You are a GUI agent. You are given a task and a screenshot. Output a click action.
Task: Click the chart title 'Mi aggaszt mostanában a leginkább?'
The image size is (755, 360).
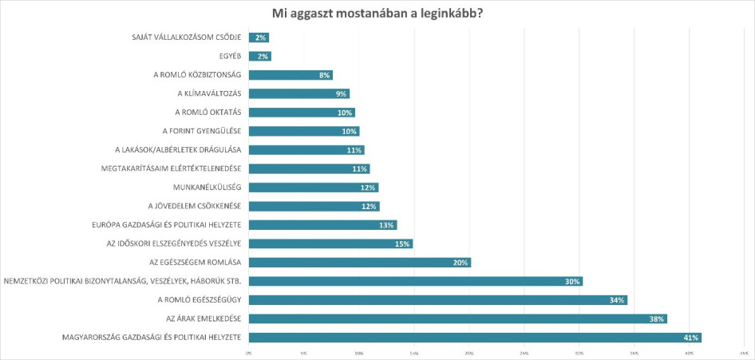tap(377, 13)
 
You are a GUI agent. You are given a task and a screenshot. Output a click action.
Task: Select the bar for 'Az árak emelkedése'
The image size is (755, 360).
tap(457, 318)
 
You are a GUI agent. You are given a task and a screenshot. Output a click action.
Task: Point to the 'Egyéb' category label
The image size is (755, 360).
tap(231, 57)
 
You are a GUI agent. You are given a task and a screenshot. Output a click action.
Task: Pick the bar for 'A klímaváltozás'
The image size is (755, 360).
tap(298, 94)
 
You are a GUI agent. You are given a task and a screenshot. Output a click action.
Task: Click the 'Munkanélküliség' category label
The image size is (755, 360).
tap(207, 188)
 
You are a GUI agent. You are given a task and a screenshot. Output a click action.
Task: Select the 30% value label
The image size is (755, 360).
tap(571, 281)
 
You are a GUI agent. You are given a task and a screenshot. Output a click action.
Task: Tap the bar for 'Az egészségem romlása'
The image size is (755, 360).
tap(359, 263)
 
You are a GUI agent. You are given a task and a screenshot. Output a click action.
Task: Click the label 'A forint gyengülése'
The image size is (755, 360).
tap(198, 131)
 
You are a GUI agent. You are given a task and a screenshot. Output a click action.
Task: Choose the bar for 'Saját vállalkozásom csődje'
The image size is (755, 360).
tap(259, 38)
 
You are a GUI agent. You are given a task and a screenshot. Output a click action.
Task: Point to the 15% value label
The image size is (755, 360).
tap(402, 243)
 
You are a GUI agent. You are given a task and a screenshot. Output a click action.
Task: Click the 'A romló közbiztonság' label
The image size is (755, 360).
tap(198, 75)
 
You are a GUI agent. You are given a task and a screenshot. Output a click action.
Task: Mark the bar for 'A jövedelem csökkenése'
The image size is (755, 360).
tap(314, 206)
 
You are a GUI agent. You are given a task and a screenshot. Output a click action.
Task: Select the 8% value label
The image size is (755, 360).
tap(323, 75)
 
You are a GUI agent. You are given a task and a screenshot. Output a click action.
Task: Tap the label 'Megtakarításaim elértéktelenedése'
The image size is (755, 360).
tap(171, 168)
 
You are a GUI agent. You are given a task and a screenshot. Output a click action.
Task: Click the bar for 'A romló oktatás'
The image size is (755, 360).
tap(302, 113)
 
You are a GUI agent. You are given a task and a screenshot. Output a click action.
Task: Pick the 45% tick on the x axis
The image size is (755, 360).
tap(743, 352)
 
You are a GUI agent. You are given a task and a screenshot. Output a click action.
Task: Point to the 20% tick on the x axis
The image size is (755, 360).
tap(468, 352)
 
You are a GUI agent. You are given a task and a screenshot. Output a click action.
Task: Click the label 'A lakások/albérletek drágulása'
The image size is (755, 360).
tap(178, 150)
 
